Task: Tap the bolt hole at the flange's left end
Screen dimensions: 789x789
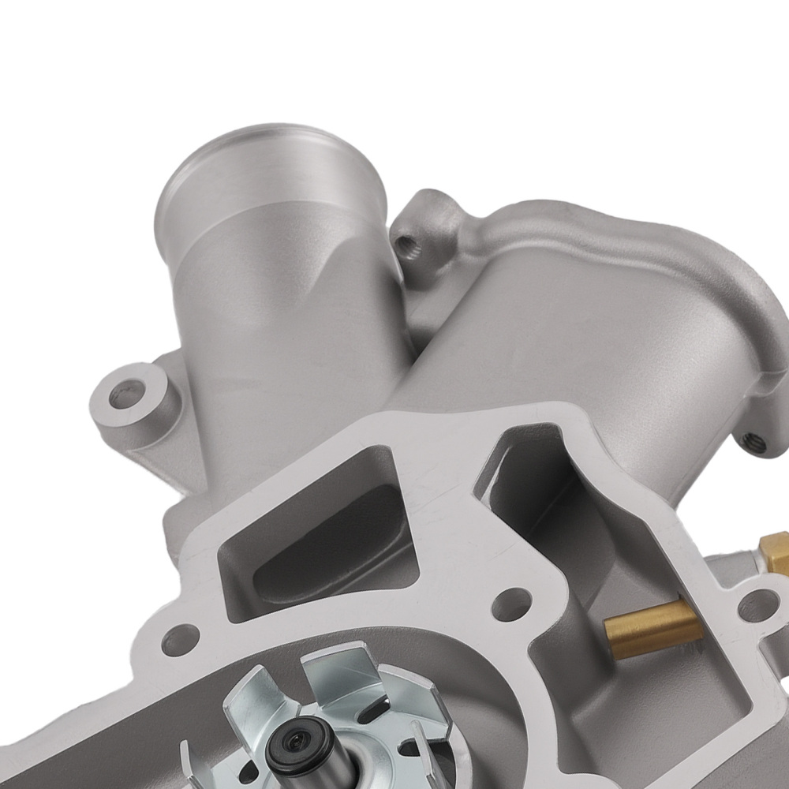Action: (183, 631)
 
